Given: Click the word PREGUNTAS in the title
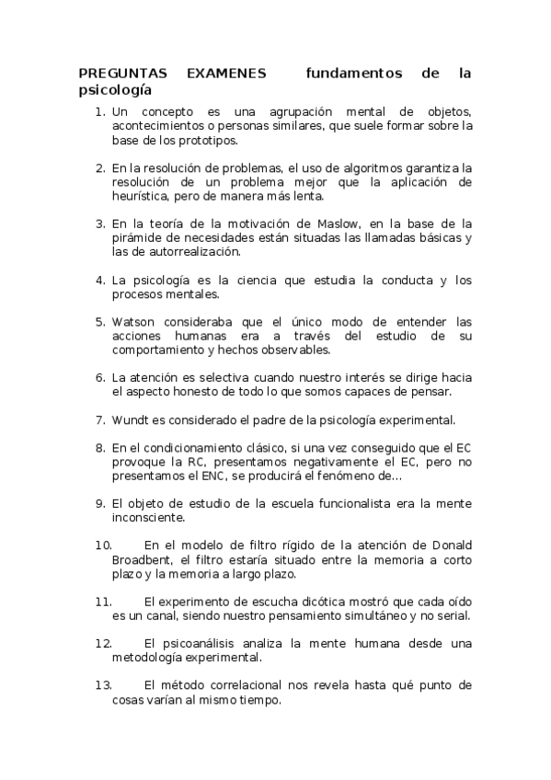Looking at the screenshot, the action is tap(114, 73).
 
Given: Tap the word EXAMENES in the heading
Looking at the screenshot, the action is tap(225, 73).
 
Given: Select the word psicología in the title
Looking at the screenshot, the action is tap(114, 90).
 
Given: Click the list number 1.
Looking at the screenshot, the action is tap(100, 111).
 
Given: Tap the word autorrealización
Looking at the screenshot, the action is tap(188, 251).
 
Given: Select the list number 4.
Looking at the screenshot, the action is tap(100, 280).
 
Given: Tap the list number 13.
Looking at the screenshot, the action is tap(103, 684).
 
